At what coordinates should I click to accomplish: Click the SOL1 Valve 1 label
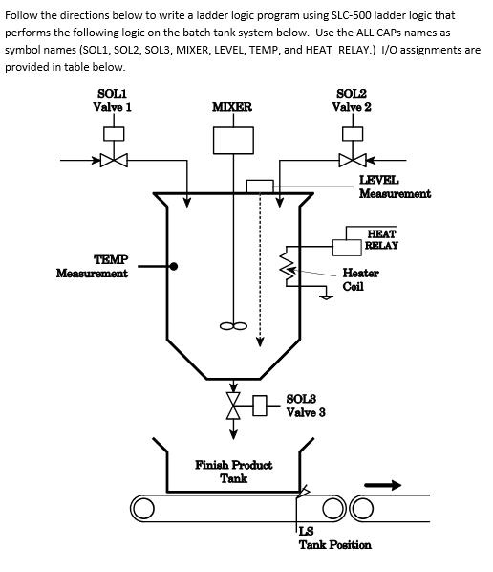click(112, 99)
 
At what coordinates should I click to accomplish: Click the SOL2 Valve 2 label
click(353, 99)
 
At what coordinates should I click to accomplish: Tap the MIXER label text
click(232, 106)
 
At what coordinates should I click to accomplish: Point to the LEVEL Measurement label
click(393, 187)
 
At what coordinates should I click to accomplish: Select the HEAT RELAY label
click(381, 238)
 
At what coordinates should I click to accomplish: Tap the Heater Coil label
click(359, 278)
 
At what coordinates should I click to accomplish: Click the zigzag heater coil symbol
click(284, 261)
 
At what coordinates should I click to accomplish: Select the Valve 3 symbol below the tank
click(232, 404)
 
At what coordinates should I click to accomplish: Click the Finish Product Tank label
click(233, 471)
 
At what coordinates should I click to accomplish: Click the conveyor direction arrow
click(398, 485)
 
